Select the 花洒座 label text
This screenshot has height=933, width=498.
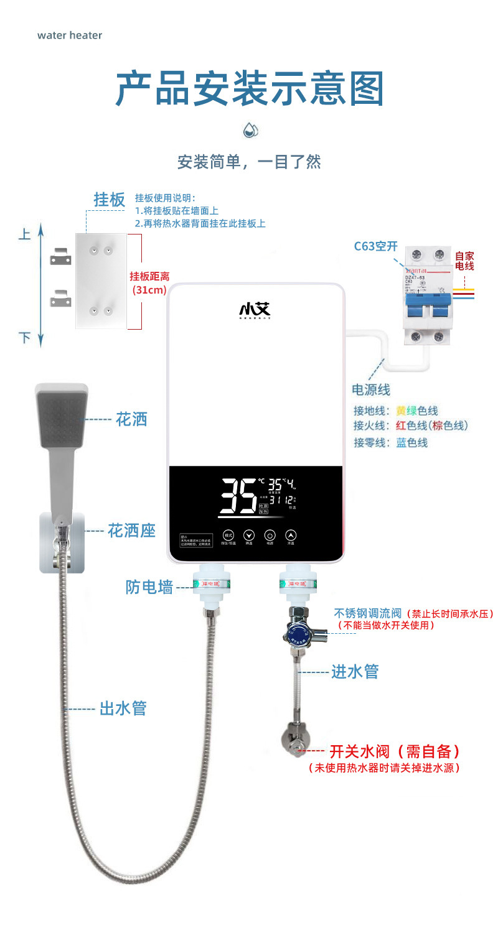click(x=131, y=531)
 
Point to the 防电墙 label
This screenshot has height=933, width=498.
click(x=149, y=587)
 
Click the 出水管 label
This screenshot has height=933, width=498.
click(x=123, y=708)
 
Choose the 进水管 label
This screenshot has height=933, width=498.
click(x=355, y=671)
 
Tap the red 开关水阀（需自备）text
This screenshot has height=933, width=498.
click(x=395, y=751)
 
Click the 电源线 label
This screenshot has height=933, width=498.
click(x=371, y=390)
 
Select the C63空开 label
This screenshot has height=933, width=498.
click(x=375, y=246)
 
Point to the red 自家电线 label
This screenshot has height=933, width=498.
click(x=464, y=261)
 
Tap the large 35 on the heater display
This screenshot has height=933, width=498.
click(x=238, y=495)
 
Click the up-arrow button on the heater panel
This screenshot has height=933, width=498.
click(x=291, y=535)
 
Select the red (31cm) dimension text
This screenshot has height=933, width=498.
click(x=149, y=289)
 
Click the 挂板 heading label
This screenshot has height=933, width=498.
click(x=110, y=200)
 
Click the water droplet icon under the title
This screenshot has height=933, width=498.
click(x=250, y=131)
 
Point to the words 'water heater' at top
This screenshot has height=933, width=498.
click(x=70, y=35)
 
